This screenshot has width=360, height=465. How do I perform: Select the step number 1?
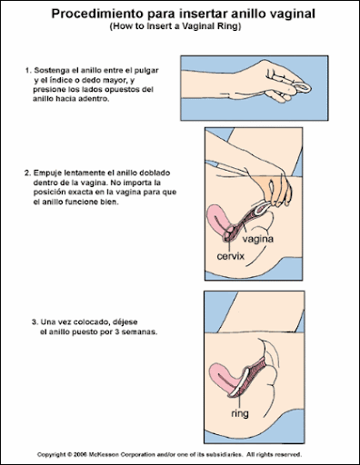click(28, 71)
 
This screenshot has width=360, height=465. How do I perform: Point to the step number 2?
click(27, 173)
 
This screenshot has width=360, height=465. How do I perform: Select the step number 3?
click(35, 322)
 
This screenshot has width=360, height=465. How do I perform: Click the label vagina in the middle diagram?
click(257, 239)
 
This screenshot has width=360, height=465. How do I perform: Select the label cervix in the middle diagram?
click(230, 256)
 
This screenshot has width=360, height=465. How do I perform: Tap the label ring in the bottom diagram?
click(240, 413)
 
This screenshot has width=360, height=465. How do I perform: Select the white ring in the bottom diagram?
click(239, 382)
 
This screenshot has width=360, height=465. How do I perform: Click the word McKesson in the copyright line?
click(104, 455)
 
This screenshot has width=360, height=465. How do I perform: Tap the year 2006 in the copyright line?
click(80, 455)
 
